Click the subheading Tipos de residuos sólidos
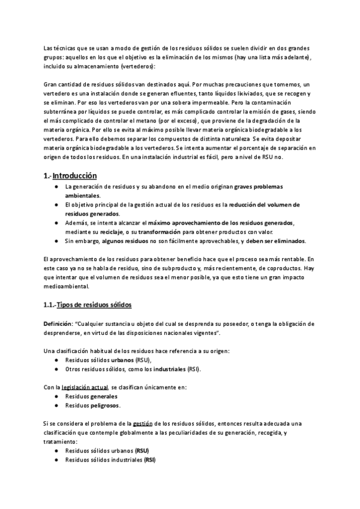(97, 305)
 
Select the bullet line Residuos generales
(91, 396)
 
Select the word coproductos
(283, 268)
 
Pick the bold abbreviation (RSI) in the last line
(146, 459)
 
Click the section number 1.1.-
(53, 305)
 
